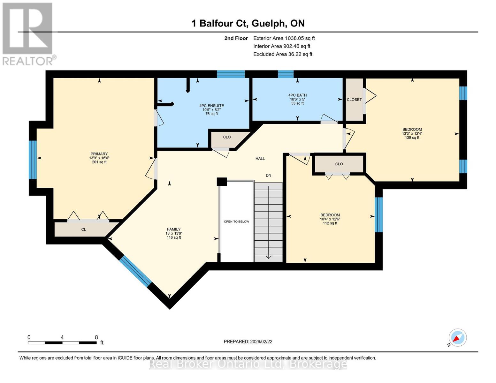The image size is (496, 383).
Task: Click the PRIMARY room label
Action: (99, 154)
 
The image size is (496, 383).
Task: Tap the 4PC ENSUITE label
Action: (211, 106)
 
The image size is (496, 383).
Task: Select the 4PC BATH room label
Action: (297, 95)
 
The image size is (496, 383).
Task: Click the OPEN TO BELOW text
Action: (236, 222)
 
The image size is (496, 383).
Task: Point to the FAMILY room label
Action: (174, 229)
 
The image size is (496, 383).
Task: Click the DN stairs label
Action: (268, 175)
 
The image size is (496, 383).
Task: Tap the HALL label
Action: (260, 158)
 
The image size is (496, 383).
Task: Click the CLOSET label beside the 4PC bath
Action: (354, 100)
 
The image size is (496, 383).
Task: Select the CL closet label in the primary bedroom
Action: (84, 229)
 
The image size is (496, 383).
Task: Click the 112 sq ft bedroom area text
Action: (330, 223)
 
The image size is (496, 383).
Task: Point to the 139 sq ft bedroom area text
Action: (412, 138)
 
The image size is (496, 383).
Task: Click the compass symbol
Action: (457, 338)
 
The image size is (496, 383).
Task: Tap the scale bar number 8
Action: (96, 337)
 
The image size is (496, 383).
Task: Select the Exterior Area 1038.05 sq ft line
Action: (284, 38)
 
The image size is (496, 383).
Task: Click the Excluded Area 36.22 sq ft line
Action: (283, 54)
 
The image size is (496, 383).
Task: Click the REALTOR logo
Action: (28, 34)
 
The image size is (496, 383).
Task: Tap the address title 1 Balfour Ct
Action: (248, 23)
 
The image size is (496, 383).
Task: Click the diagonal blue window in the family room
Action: (135, 272)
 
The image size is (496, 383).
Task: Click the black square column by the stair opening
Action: (222, 182)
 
